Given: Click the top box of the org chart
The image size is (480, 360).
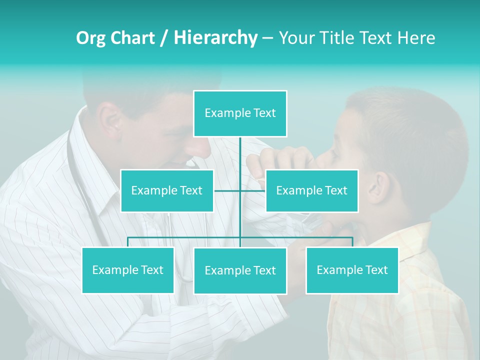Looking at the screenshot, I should point(240,113).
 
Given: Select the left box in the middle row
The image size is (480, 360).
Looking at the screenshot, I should point(166,190).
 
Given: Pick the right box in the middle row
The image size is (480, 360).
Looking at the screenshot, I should point(311,190).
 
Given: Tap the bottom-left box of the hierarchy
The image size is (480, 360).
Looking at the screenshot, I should point(127,270).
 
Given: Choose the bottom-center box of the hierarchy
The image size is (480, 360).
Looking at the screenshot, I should point(240,270).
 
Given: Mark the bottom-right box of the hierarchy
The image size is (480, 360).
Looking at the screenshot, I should point(352,270).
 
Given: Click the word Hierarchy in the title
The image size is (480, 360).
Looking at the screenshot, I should point(215,37).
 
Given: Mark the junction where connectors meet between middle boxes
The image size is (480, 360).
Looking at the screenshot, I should point(240,190).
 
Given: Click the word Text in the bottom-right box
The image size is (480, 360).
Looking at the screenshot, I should point(376,270).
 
